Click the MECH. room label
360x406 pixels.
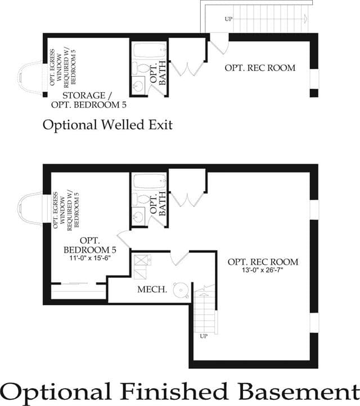(152, 289)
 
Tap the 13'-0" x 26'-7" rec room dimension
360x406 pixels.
(262, 270)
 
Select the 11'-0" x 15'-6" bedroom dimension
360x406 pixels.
(90, 258)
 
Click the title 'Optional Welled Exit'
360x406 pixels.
(107, 125)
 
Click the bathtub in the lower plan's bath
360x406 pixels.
(150, 181)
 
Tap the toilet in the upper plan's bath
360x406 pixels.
(140, 69)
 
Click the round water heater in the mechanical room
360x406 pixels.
(181, 290)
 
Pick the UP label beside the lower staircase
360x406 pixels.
(204, 336)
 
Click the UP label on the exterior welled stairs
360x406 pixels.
(228, 19)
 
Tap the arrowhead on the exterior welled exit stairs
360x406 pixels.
(305, 19)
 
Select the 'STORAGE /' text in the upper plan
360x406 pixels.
(87, 95)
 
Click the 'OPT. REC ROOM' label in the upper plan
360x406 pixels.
(260, 68)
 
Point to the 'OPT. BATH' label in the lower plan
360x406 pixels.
(158, 204)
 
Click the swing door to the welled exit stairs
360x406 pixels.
(219, 43)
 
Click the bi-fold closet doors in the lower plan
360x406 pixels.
(187, 200)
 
